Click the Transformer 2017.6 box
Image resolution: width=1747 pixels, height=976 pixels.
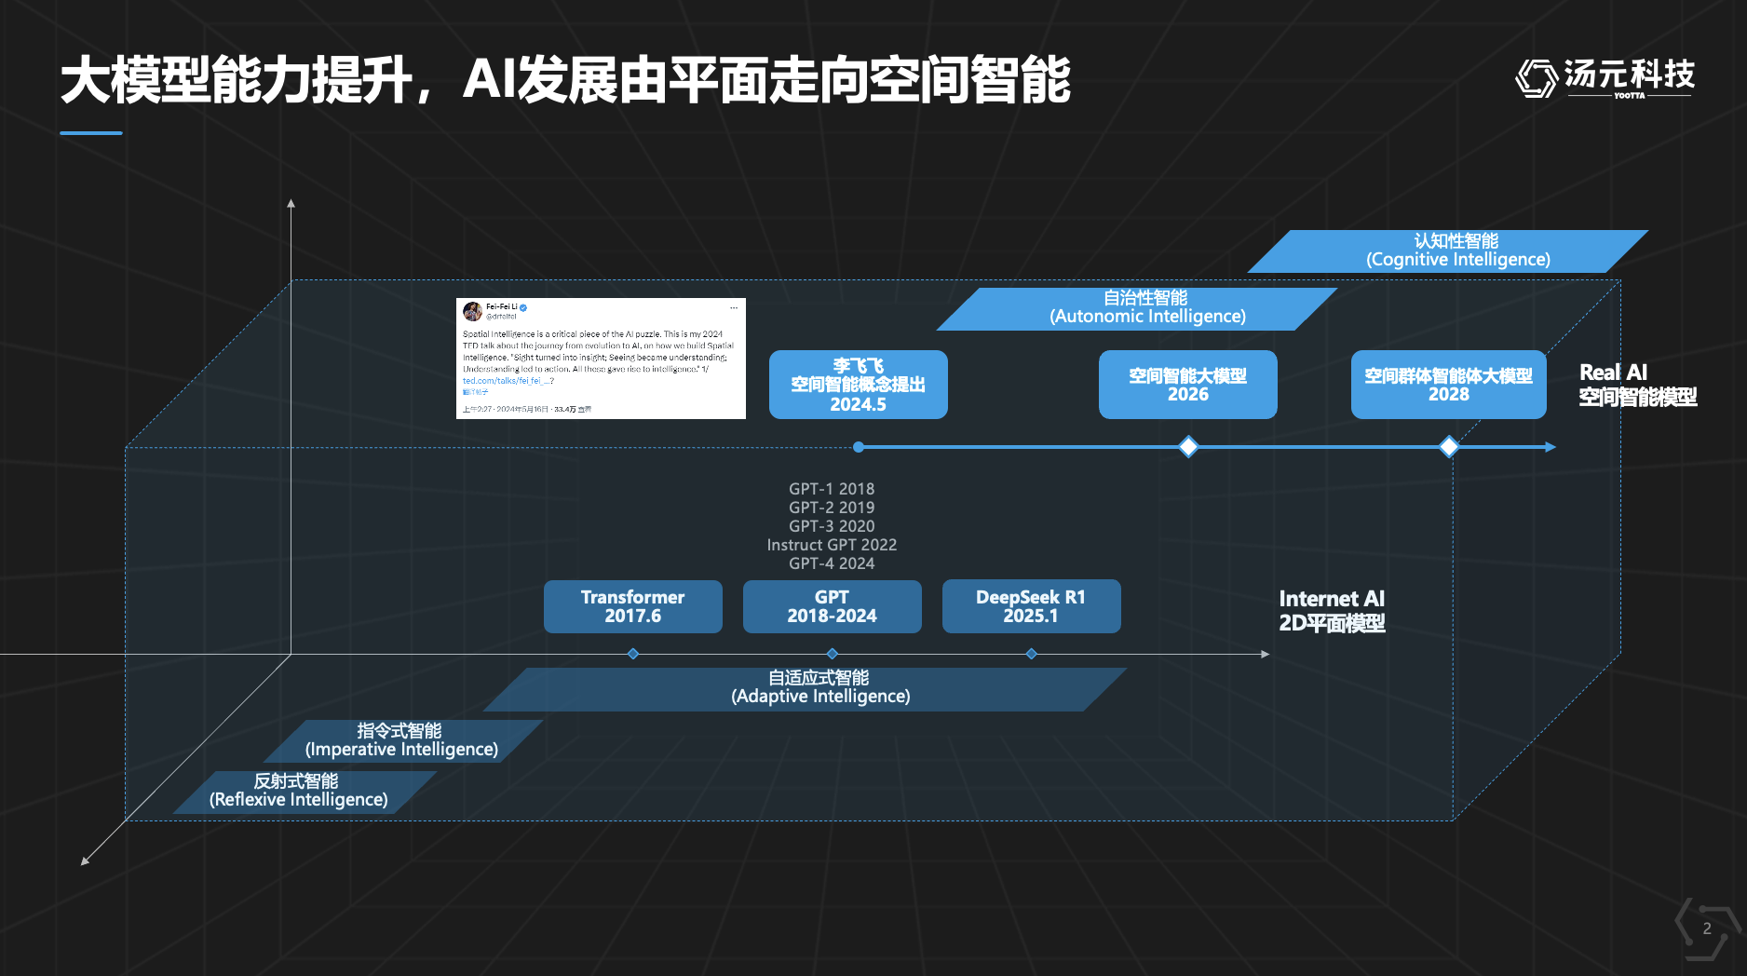[632, 606]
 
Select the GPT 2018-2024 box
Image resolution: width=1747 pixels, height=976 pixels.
[832, 606]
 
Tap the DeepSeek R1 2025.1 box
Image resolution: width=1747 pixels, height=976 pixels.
[1031, 606]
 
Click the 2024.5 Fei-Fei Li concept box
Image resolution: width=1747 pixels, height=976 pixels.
[858, 385]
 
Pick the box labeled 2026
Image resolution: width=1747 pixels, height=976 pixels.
[1187, 385]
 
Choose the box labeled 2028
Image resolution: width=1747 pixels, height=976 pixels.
[1448, 385]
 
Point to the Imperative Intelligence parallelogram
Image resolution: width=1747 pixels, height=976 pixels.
[402, 740]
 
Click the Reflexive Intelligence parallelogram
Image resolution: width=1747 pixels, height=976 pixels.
[302, 792]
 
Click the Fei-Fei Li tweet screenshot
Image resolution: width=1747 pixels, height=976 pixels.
[601, 359]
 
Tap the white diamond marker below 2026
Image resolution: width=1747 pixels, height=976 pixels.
[1188, 447]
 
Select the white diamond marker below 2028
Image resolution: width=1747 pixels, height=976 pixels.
[1449, 447]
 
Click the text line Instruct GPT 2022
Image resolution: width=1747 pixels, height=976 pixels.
[832, 545]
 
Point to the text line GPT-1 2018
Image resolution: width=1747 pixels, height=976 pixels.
[832, 489]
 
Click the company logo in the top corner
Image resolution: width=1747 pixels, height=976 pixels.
[1605, 77]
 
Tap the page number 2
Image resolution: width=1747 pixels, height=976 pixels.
[1707, 929]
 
